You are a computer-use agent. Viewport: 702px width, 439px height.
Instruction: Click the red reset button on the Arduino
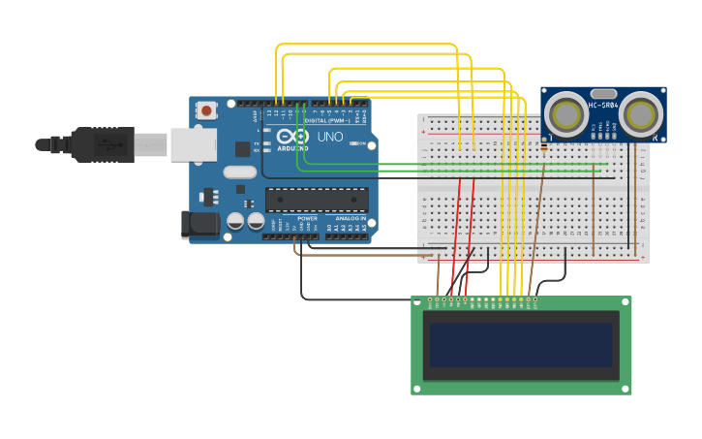point(206,111)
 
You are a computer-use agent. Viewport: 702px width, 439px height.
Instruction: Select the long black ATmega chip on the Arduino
point(317,200)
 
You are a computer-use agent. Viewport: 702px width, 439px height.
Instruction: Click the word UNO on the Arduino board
point(329,138)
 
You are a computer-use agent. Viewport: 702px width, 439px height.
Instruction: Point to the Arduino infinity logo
point(292,137)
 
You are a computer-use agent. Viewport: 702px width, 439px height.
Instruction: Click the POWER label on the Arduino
point(307,219)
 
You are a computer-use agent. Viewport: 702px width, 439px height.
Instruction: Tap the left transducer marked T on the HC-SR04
point(565,114)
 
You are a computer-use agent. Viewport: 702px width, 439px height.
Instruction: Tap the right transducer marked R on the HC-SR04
point(642,114)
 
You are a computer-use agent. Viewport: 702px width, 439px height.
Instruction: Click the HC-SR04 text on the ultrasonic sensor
point(603,105)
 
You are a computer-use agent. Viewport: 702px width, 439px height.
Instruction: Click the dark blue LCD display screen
point(521,345)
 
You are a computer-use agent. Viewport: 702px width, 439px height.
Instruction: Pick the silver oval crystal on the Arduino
point(239,172)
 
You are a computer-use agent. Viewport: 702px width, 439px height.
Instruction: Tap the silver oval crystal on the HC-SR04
point(603,94)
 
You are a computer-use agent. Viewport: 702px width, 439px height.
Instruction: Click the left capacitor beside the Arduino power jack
point(235,222)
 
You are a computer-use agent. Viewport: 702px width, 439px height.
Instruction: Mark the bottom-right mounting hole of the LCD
point(626,388)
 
